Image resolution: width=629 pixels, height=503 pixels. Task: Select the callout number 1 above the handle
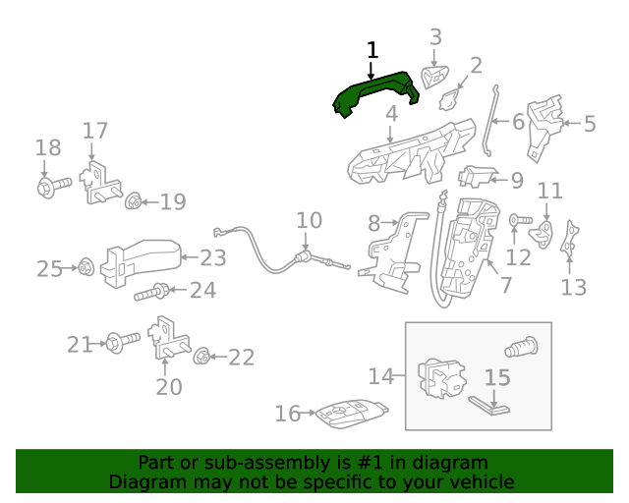372,49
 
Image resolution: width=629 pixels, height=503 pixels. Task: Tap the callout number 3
436,37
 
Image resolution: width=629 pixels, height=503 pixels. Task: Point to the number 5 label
590,124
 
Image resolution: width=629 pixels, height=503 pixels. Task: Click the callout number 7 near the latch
505,285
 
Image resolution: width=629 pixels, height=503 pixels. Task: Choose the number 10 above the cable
309,219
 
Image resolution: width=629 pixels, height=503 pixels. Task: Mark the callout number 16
287,414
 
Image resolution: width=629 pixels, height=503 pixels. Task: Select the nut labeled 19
133,202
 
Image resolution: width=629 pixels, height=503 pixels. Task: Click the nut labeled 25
85,266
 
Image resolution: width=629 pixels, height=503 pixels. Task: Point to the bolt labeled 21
120,344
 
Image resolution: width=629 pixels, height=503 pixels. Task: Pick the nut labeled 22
201,357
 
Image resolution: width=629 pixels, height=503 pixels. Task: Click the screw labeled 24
160,290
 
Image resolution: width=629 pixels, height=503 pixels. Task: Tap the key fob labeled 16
347,415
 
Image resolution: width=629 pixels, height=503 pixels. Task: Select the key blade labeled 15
488,403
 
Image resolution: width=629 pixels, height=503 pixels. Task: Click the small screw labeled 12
517,221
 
